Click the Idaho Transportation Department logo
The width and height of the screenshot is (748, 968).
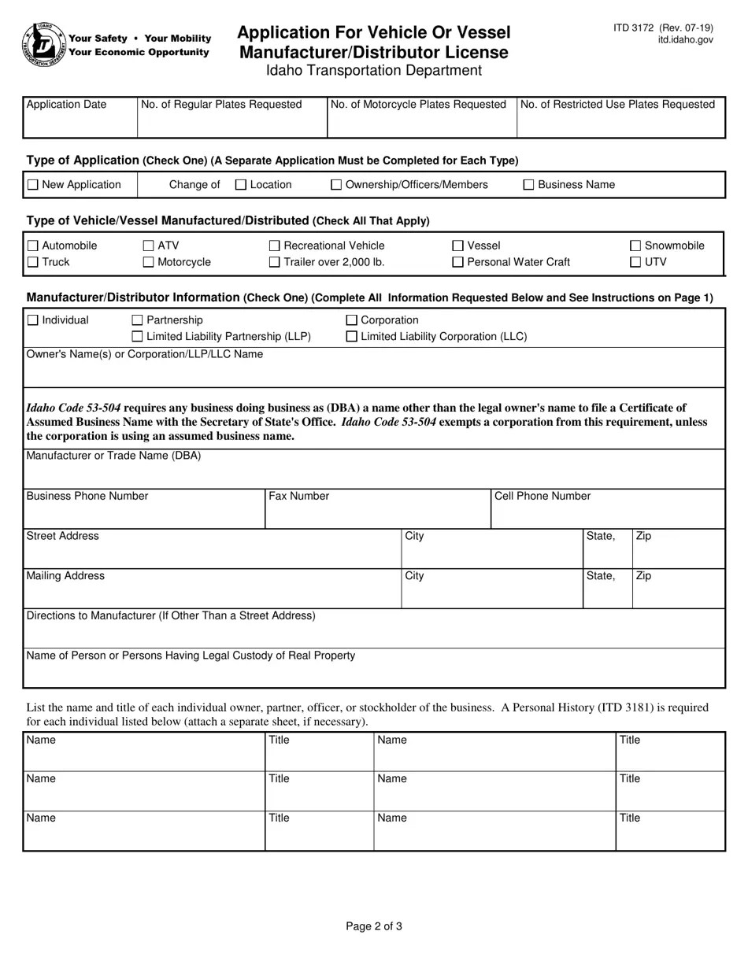(44, 44)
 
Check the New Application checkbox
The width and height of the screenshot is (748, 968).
(32, 185)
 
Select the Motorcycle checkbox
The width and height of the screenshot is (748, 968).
(148, 262)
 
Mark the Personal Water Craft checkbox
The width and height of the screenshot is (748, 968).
(457, 262)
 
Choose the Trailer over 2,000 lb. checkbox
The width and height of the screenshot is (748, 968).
(274, 262)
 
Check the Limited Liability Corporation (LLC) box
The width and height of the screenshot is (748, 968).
(352, 337)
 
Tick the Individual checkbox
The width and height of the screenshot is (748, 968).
(32, 320)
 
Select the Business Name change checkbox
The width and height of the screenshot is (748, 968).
(529, 185)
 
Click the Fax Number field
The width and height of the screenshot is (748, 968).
(377, 514)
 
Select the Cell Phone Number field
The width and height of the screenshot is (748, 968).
(607, 514)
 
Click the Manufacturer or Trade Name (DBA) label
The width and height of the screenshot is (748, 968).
(113, 456)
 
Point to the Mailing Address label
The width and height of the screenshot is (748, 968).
(65, 576)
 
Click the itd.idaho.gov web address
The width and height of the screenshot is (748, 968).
(686, 39)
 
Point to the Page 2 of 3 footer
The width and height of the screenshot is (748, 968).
(374, 926)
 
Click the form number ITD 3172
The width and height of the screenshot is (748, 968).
(634, 28)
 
